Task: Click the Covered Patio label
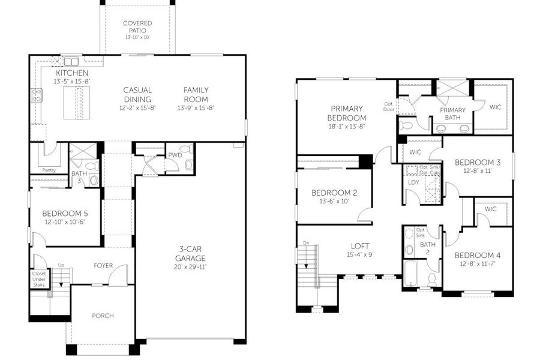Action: click(x=137, y=26)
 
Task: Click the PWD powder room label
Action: click(x=175, y=155)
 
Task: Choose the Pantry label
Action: click(x=49, y=170)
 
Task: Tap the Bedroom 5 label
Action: click(x=65, y=214)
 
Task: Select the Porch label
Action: click(x=103, y=316)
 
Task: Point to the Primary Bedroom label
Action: click(x=347, y=113)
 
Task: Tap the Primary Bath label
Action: click(x=452, y=113)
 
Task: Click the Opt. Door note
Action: click(x=389, y=106)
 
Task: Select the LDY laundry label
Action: click(x=413, y=182)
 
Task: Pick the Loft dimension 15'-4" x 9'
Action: click(x=360, y=254)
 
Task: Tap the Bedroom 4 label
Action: click(x=478, y=255)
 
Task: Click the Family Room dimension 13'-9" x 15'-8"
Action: click(x=196, y=108)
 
